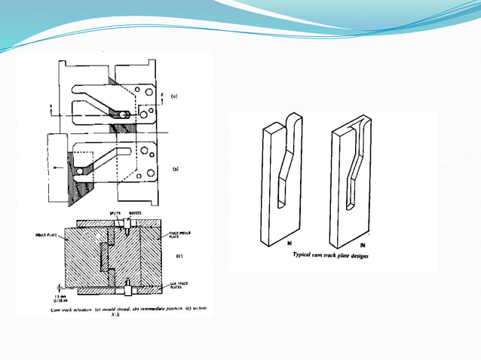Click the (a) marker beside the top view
[x=174, y=97]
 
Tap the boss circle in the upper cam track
[x=122, y=115]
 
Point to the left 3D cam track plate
[x=280, y=185]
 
